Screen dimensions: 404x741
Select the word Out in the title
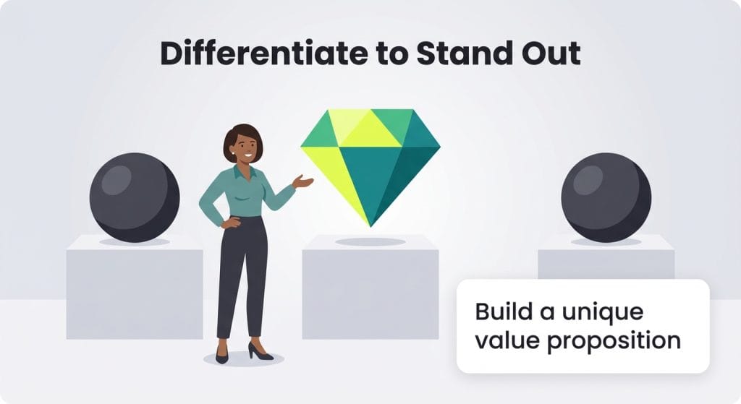(x=554, y=54)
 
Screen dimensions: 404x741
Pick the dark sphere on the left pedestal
(x=134, y=197)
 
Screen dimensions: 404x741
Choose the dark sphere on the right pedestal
(x=606, y=197)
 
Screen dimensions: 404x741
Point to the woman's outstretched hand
(x=304, y=181)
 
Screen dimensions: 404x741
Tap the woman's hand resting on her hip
(x=229, y=223)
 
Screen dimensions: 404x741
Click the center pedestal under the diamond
(x=370, y=289)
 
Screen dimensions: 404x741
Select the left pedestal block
(x=134, y=289)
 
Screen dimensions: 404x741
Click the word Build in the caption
(x=499, y=312)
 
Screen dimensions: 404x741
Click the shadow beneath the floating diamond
(x=370, y=241)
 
